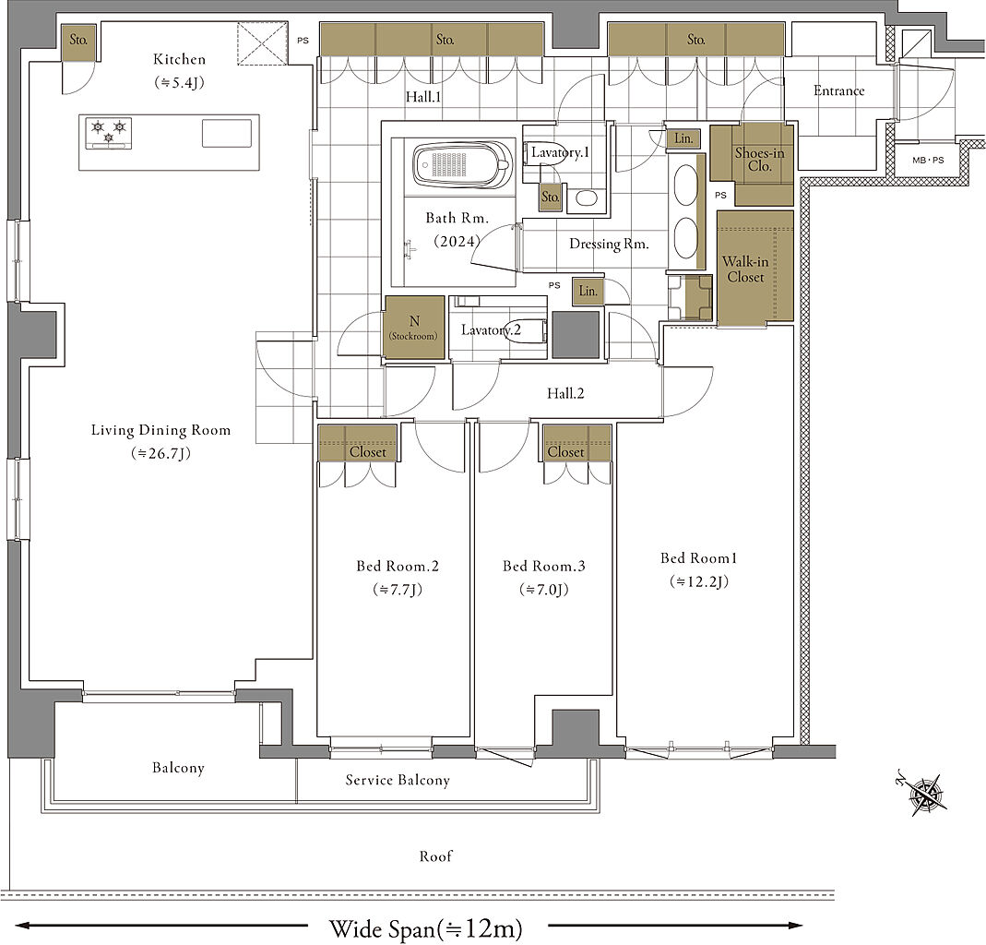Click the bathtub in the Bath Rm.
[462, 165]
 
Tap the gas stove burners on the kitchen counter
[109, 134]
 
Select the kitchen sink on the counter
[226, 133]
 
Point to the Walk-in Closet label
[745, 269]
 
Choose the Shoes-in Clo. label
[760, 159]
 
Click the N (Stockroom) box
[414, 328]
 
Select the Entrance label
[838, 90]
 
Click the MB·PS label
[928, 160]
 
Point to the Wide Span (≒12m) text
[426, 928]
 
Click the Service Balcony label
[398, 780]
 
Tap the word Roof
[435, 856]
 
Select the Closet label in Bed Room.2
[368, 452]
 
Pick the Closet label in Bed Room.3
[566, 452]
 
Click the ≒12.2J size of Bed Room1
[698, 581]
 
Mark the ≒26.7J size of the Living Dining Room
[161, 453]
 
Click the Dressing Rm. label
[609, 244]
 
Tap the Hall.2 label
[565, 394]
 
